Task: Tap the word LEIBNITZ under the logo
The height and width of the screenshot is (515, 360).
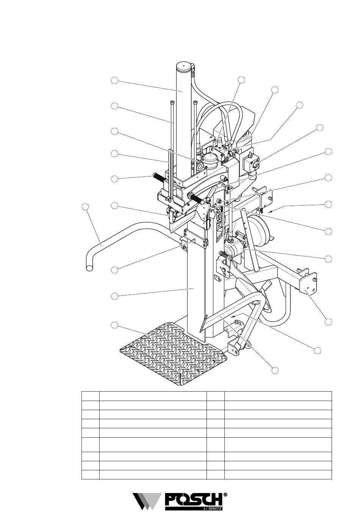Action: (213, 507)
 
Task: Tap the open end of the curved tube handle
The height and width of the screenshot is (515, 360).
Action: (90, 268)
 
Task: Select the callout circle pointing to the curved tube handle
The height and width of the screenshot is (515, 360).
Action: (85, 206)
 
